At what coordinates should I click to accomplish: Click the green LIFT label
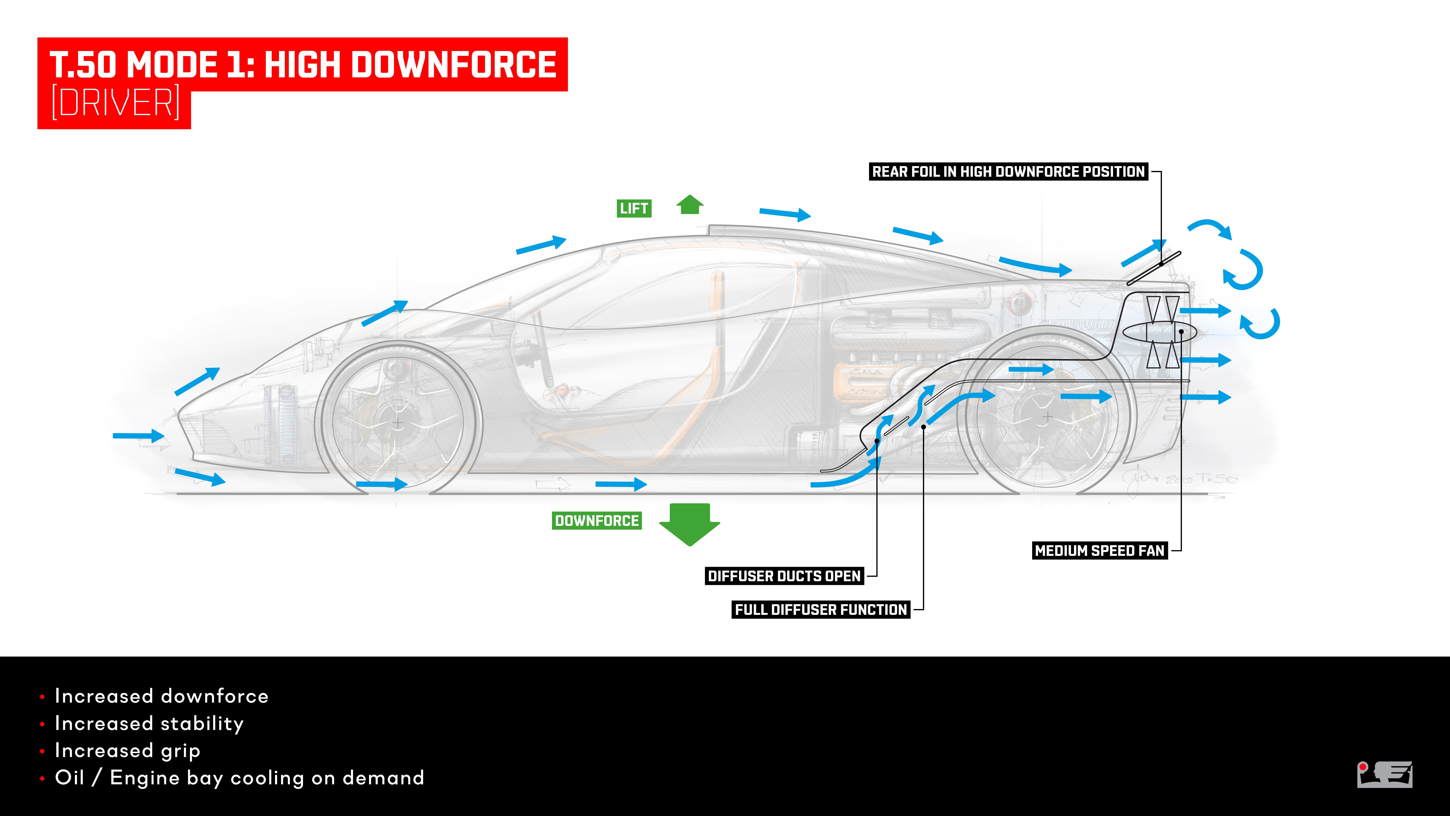(x=634, y=208)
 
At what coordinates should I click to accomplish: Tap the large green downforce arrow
(x=689, y=524)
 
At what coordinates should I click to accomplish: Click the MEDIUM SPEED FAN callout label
(x=1099, y=551)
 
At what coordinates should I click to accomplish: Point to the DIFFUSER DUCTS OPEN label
(x=784, y=576)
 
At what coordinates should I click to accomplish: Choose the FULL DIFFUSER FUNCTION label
(x=821, y=610)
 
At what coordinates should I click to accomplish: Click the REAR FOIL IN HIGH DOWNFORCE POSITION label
(x=1008, y=172)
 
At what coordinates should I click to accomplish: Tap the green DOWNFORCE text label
(x=597, y=521)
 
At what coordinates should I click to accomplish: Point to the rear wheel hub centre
(x=1048, y=417)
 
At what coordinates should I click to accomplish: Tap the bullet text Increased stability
(x=149, y=724)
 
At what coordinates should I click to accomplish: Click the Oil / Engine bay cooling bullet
(x=239, y=778)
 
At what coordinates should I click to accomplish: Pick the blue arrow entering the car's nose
(x=138, y=435)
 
